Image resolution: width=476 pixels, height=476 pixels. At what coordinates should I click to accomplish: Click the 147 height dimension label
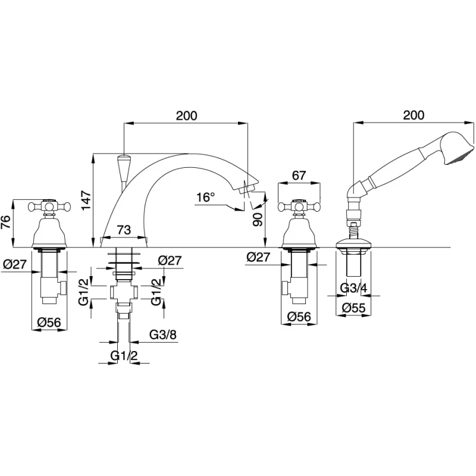[86, 200]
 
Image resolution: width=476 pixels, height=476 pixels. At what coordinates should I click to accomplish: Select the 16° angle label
[205, 198]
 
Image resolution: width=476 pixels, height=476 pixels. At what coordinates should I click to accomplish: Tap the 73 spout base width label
[123, 230]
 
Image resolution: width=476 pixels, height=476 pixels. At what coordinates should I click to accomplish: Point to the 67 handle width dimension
[299, 176]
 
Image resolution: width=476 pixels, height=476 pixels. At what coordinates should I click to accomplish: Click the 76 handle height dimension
[7, 222]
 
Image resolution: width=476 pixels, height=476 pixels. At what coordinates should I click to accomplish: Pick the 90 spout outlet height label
[258, 219]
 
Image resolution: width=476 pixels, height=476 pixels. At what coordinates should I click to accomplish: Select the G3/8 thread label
[163, 335]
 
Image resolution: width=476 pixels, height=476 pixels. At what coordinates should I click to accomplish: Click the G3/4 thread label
[353, 288]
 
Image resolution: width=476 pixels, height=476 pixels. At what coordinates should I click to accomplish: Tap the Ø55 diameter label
[353, 308]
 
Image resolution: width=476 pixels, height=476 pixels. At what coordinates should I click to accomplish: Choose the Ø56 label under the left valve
[49, 322]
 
